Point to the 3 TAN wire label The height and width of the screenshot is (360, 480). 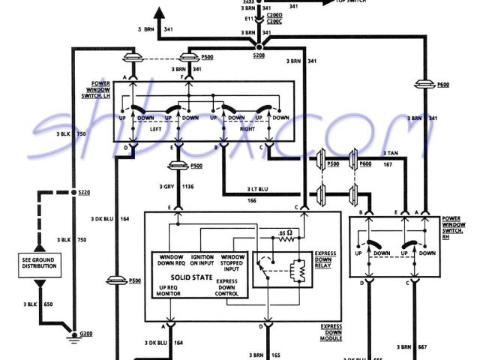pos(391,154)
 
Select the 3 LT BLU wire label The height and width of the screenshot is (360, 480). pos(257,190)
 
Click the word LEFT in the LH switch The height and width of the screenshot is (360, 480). pos(154,128)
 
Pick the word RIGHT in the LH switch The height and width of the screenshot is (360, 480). pos(246,128)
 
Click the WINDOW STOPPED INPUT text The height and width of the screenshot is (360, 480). pos(232,262)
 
